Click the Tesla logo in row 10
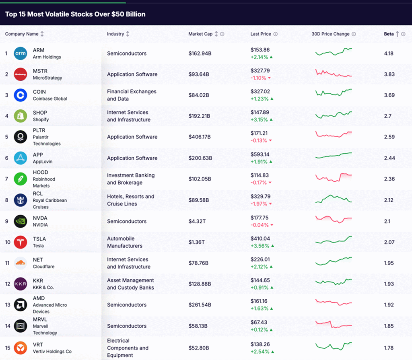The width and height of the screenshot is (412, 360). pyautogui.click(x=21, y=242)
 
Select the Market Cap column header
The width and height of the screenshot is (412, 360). pyautogui.click(x=200, y=34)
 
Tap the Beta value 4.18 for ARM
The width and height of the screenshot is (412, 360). pyautogui.click(x=389, y=53)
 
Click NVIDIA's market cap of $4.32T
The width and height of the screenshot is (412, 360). pyautogui.click(x=197, y=221)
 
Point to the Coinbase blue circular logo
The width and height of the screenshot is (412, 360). pyautogui.click(x=21, y=95)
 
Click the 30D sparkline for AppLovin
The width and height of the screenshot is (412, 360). pyautogui.click(x=334, y=155)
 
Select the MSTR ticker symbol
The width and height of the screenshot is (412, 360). pyautogui.click(x=40, y=71)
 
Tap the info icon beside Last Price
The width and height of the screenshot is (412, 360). pyautogui.click(x=276, y=34)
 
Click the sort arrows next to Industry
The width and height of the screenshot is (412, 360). pyautogui.click(x=128, y=34)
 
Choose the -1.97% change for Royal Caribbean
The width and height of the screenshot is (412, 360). pyautogui.click(x=258, y=204)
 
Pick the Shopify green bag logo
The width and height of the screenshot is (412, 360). pyautogui.click(x=21, y=116)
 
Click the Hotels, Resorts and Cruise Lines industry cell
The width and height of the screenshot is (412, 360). pyautogui.click(x=130, y=200)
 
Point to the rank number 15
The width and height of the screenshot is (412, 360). pyautogui.click(x=6, y=348)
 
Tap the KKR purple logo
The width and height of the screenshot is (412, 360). pyautogui.click(x=21, y=284)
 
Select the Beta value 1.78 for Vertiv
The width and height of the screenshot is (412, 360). pyautogui.click(x=389, y=348)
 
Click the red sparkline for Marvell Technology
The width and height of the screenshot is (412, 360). pyautogui.click(x=334, y=325)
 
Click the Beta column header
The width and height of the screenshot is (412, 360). pyautogui.click(x=389, y=34)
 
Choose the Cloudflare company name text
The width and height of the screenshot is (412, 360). pyautogui.click(x=43, y=267)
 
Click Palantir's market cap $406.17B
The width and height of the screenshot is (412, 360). pyautogui.click(x=200, y=137)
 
